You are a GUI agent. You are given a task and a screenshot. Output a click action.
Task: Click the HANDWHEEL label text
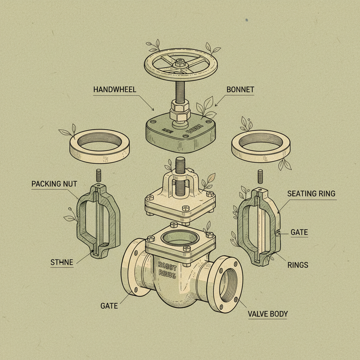(115, 90)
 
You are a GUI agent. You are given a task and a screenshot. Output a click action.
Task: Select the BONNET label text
(240, 90)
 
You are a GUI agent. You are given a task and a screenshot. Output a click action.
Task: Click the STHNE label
(62, 262)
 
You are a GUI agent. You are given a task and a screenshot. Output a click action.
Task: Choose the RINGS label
(298, 265)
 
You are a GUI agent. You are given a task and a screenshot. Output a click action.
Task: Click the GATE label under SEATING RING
(299, 232)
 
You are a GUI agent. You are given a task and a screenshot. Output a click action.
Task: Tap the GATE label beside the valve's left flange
(109, 306)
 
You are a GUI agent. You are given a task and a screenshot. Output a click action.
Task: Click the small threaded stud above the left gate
(99, 176)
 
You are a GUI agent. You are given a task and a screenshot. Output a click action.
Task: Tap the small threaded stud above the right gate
(261, 176)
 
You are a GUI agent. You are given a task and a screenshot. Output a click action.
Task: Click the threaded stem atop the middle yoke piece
(179, 165)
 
